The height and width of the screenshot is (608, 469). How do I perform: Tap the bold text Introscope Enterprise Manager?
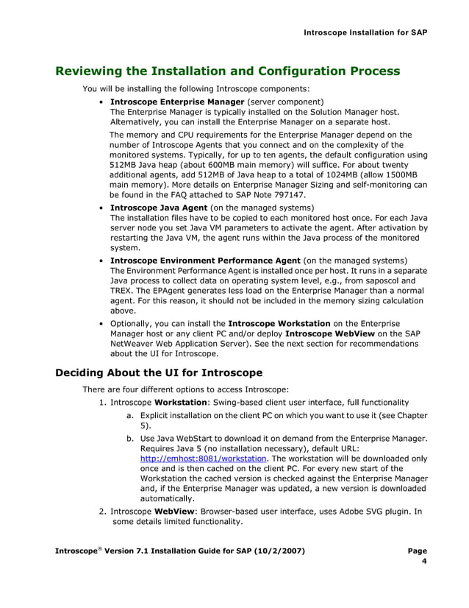176,102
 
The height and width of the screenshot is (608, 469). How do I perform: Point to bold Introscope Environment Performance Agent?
205,261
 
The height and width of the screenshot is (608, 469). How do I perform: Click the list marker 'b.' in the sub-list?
130,437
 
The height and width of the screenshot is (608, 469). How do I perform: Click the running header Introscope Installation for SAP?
365,32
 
